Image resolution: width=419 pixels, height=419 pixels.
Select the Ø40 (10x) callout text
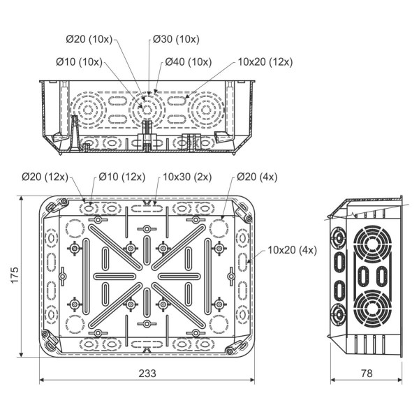coord(189,62)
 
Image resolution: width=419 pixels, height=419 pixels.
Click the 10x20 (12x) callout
coord(265,62)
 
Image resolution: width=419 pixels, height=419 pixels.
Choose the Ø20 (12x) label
coord(43,177)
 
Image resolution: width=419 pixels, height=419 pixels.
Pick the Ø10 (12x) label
coord(121,177)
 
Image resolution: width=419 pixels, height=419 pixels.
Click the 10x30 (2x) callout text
coord(186,177)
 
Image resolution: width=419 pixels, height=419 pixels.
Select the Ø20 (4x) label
coord(256,177)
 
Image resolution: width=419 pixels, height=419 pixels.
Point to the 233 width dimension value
coord(147,373)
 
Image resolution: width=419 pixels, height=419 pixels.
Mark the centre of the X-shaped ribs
coord(147,275)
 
